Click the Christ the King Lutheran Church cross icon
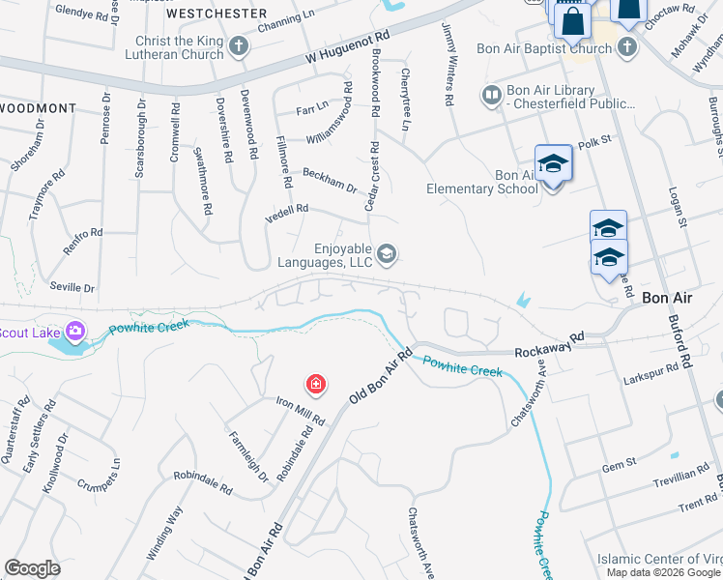coord(239,44)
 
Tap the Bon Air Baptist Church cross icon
coord(627,46)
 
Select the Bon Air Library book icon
coord(492,95)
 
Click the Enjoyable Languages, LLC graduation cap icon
coord(387,253)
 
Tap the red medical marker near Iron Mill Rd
coord(315,386)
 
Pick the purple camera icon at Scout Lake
coord(74,332)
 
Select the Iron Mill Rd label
coord(299,413)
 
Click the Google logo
coord(33,568)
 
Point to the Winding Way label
coord(163,530)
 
